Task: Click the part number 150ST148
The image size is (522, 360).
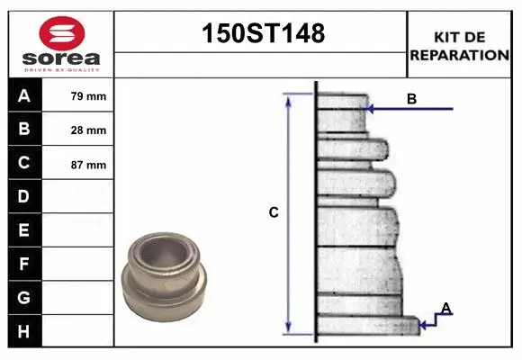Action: pyautogui.click(x=260, y=34)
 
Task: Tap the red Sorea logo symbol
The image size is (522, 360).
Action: pyautogui.click(x=62, y=34)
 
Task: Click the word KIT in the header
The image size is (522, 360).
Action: pyautogui.click(x=446, y=37)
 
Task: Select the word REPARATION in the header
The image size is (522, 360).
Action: pyautogui.click(x=460, y=55)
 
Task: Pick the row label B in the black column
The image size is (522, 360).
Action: pyautogui.click(x=24, y=130)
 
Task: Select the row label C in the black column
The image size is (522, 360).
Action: pyautogui.click(x=24, y=164)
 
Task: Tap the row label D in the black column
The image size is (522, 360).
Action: pyautogui.click(x=24, y=196)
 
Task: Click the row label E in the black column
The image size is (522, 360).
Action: pyautogui.click(x=24, y=230)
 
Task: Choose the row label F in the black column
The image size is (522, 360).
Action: pyautogui.click(x=24, y=265)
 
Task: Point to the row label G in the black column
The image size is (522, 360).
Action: pyautogui.click(x=24, y=298)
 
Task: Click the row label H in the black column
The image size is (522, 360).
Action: pyautogui.click(x=24, y=331)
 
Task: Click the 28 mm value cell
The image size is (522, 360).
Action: pyautogui.click(x=88, y=130)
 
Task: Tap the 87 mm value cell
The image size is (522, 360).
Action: pyautogui.click(x=88, y=165)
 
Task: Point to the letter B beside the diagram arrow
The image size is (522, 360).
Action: pyautogui.click(x=411, y=99)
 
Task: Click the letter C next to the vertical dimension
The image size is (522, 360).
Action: pyautogui.click(x=274, y=213)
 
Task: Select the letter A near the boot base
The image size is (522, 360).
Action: pyautogui.click(x=445, y=309)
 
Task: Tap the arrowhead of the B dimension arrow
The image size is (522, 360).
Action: pyautogui.click(x=372, y=109)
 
